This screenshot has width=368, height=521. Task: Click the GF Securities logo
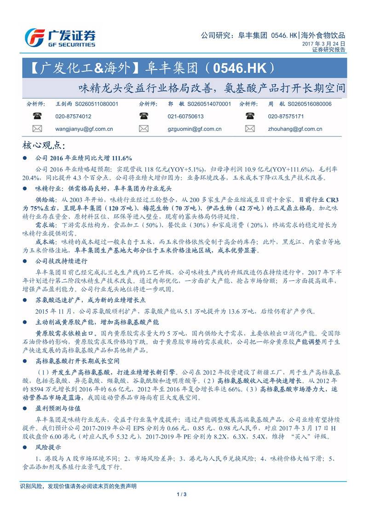coord(60,37)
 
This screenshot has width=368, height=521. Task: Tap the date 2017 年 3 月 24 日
coord(323,43)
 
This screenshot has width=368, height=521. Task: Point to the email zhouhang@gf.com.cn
coord(295,129)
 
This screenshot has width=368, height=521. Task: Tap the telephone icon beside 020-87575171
coord(250,117)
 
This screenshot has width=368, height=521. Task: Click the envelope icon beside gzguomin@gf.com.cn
coord(144,129)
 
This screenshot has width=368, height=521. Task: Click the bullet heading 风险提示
coord(48,447)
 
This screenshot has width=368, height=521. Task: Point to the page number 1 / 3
coord(181,494)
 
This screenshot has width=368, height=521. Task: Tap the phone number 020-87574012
coord(73,117)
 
